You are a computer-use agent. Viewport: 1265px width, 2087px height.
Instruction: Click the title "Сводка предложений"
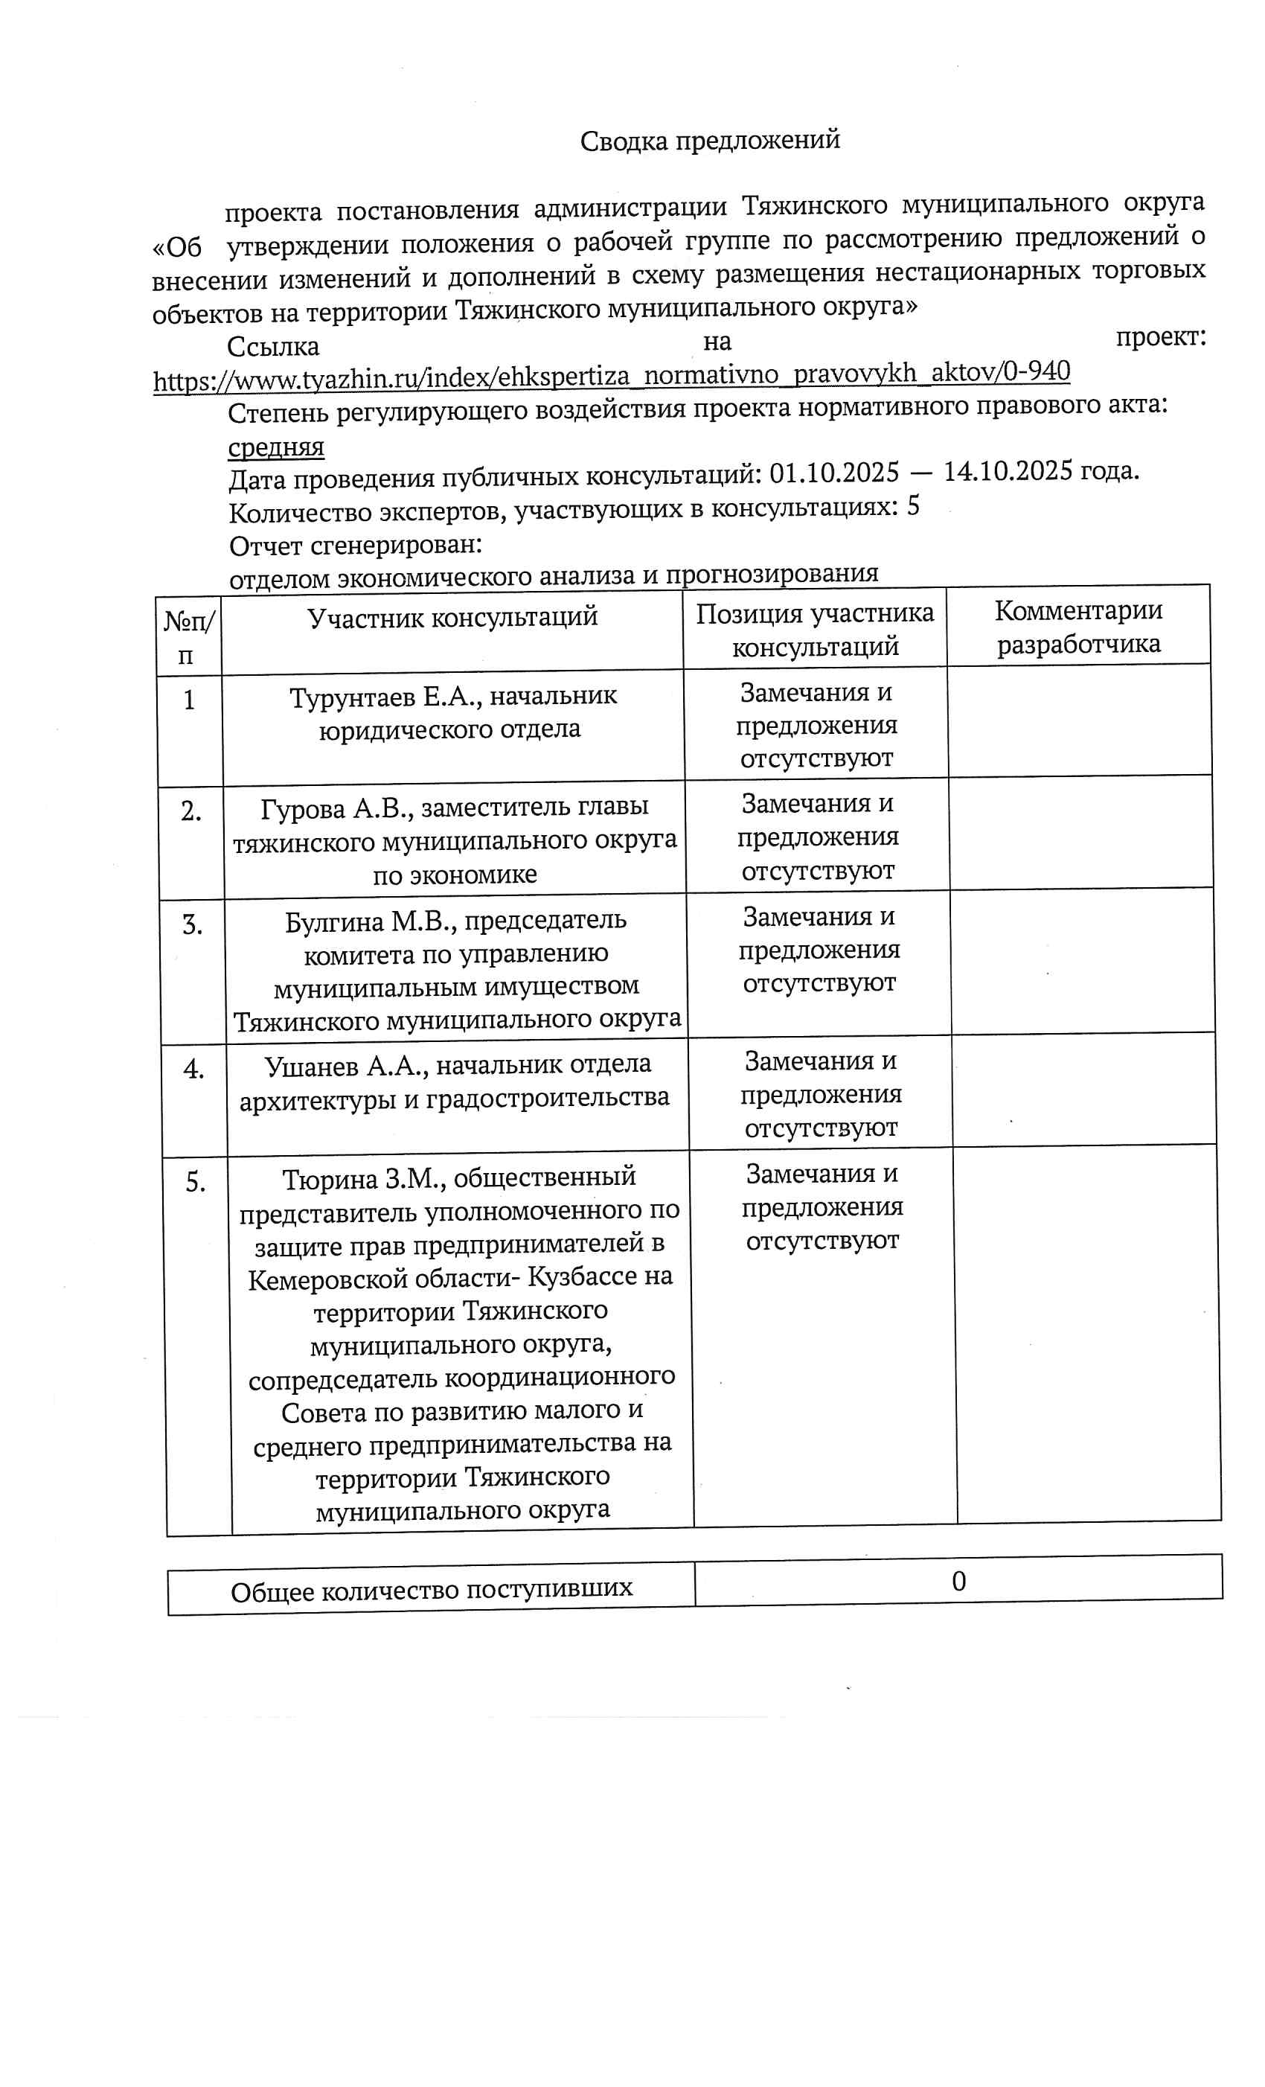[x=710, y=141]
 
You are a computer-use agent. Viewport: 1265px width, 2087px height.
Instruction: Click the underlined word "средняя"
[x=276, y=447]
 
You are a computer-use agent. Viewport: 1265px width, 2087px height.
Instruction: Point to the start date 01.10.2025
[x=833, y=473]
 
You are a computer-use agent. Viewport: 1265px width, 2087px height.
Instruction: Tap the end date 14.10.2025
[x=1008, y=471]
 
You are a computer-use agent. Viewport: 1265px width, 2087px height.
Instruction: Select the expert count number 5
[x=913, y=507]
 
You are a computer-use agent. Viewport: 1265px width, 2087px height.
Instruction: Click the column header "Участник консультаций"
[x=452, y=618]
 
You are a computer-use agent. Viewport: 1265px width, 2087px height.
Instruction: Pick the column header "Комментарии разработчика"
[x=1078, y=627]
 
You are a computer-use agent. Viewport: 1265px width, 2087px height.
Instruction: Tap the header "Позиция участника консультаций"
[x=815, y=630]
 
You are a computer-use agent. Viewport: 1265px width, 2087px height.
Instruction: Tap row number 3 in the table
[x=192, y=924]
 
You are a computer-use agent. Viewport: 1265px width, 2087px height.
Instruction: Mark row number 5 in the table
[x=196, y=1181]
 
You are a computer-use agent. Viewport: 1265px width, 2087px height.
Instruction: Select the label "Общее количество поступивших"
[x=431, y=1590]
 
